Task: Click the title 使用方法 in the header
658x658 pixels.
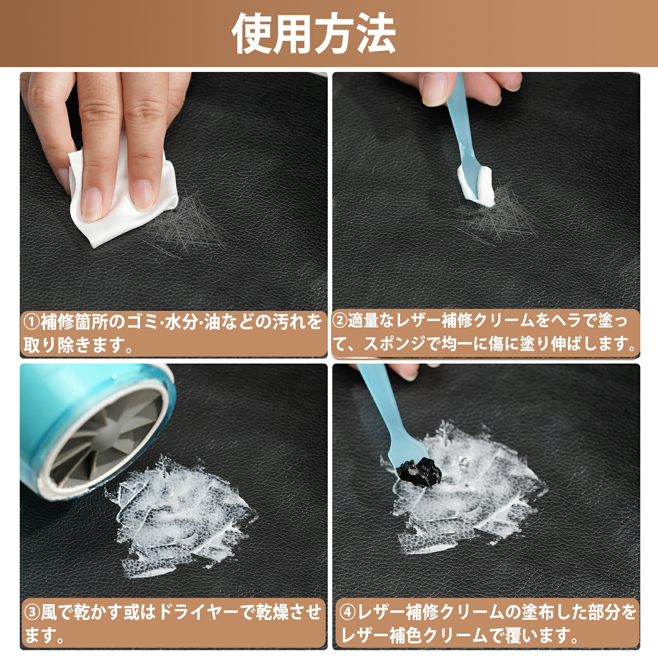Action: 314,33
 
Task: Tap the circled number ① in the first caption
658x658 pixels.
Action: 32,322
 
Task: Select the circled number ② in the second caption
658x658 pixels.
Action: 340,321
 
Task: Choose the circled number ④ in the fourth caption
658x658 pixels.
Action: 348,613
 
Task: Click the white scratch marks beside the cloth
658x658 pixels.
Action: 185,226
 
